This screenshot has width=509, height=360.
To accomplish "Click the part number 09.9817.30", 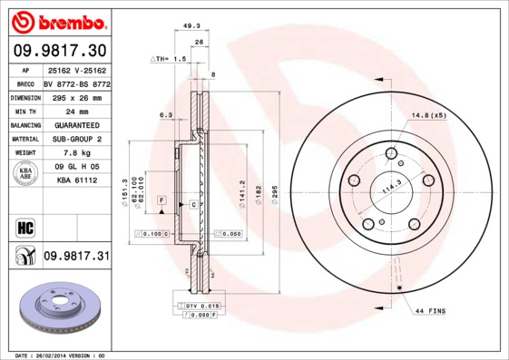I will point(60,49).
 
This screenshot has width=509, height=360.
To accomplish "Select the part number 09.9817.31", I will point(75,257).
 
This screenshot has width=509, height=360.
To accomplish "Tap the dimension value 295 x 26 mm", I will point(75,96).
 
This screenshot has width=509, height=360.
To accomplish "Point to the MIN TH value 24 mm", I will point(75,111).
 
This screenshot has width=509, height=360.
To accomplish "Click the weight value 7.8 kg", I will point(75,153).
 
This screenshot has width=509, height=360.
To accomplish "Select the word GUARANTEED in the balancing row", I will point(75,125).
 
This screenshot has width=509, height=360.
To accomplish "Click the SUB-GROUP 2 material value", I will point(75,139).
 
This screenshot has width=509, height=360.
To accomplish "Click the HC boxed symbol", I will point(24,227).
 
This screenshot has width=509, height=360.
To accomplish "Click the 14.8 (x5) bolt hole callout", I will point(429,116).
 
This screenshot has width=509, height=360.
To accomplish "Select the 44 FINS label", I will point(430,311).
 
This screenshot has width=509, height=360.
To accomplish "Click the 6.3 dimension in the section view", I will point(165,116).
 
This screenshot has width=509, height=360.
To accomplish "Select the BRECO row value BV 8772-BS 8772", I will point(75,83).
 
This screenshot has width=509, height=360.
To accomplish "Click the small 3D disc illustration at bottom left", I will point(56,314).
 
